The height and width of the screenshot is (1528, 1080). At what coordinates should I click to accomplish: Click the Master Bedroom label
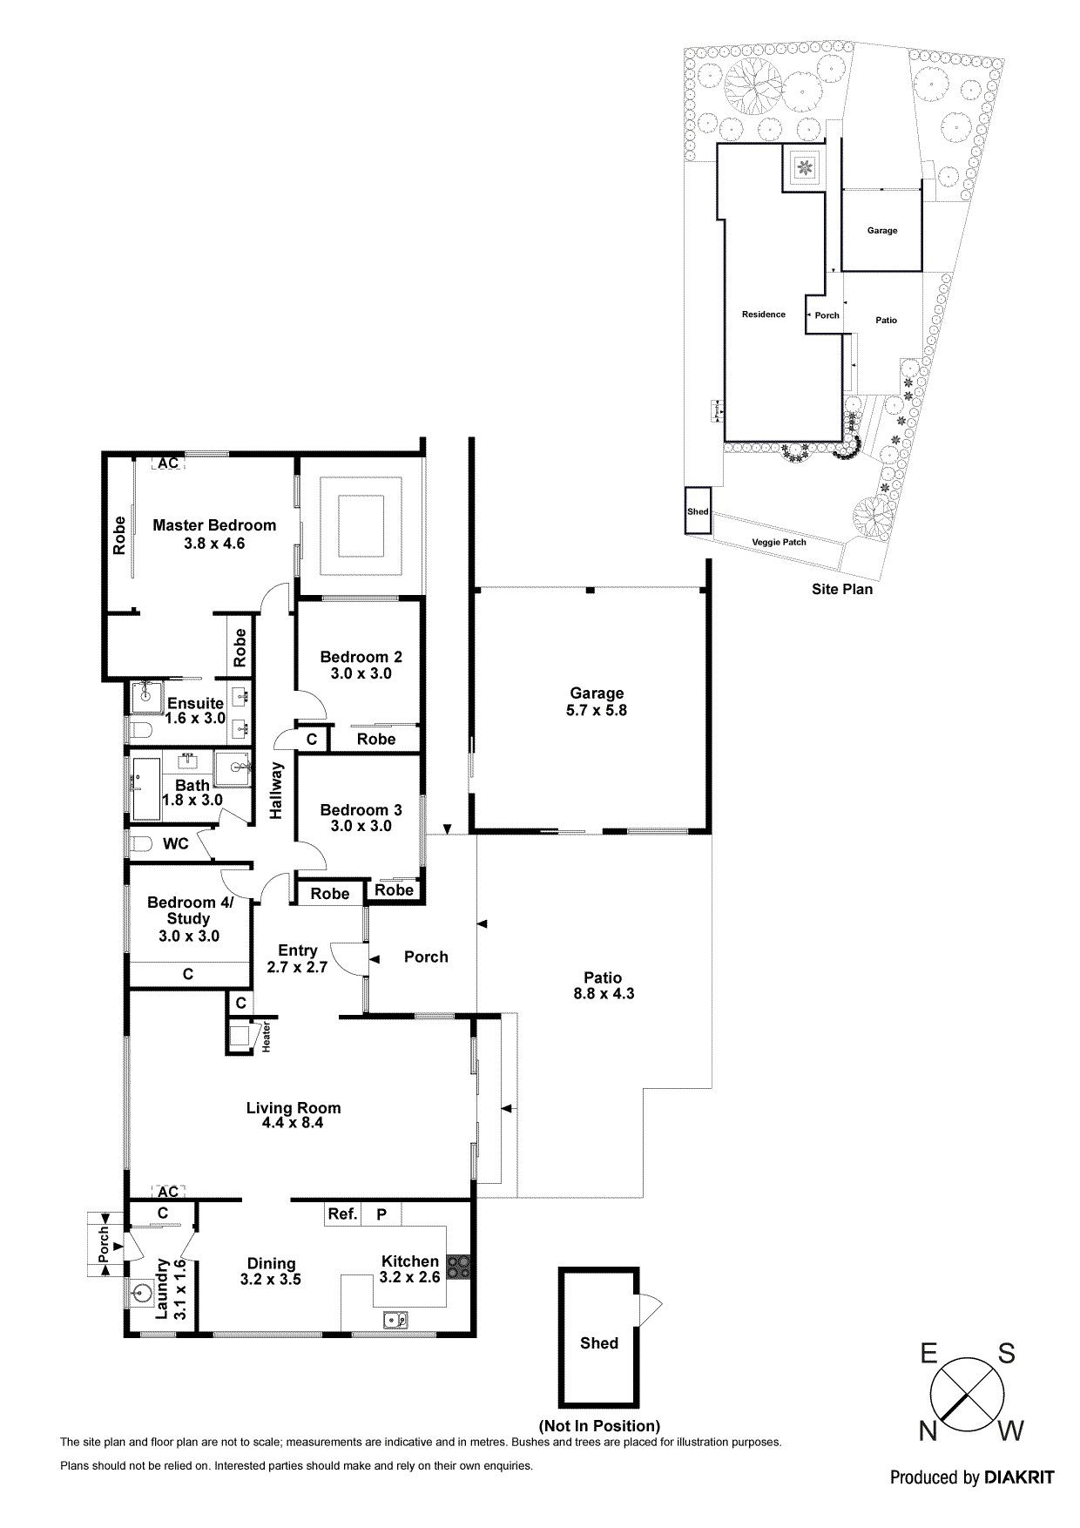[214, 525]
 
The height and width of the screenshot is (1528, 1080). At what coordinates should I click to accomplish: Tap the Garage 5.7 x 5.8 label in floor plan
[597, 701]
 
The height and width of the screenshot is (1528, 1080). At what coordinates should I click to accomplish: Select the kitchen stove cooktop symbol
[458, 1267]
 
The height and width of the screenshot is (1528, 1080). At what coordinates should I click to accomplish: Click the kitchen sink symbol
[396, 1321]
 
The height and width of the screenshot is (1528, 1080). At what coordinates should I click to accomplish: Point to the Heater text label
[267, 1037]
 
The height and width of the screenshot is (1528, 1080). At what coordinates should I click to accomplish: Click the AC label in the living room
[167, 1192]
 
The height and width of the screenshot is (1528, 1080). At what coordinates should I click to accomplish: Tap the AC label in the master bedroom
[167, 463]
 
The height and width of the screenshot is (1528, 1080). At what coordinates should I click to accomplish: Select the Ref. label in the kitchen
[342, 1214]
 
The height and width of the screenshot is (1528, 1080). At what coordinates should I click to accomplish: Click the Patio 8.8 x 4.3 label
[603, 985]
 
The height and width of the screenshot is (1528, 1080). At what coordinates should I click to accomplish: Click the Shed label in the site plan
[698, 511]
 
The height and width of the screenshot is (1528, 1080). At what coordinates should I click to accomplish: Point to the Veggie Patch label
[779, 542]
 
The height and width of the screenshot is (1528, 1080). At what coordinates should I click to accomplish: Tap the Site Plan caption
[841, 589]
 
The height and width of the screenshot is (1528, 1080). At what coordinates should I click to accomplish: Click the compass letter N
[928, 1431]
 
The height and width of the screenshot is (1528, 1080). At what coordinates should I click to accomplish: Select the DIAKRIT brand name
[1018, 1477]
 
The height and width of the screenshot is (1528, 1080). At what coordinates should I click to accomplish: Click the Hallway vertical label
[276, 790]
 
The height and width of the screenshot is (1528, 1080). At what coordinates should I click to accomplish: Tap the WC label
[176, 843]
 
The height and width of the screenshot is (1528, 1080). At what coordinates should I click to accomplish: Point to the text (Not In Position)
[599, 1425]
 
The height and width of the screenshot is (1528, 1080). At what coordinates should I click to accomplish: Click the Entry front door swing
[351, 958]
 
